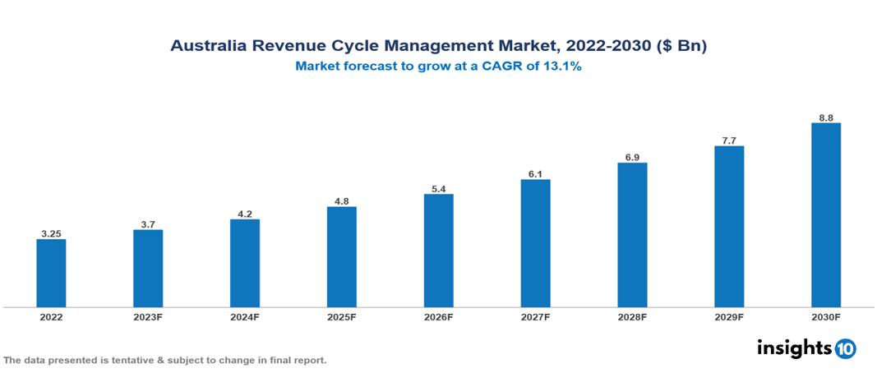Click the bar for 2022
point(51,273)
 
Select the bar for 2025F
point(342,256)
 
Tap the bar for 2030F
point(826,214)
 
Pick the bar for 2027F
point(535,242)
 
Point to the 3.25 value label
point(51,233)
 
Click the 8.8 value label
point(826,117)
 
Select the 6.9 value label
point(632,157)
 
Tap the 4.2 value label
point(245,214)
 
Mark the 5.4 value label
point(439,189)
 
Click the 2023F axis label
point(148,316)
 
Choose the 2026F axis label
point(439,316)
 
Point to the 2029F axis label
point(729,316)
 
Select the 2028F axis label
point(632,316)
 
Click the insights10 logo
point(806,348)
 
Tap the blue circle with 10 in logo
point(845,349)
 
